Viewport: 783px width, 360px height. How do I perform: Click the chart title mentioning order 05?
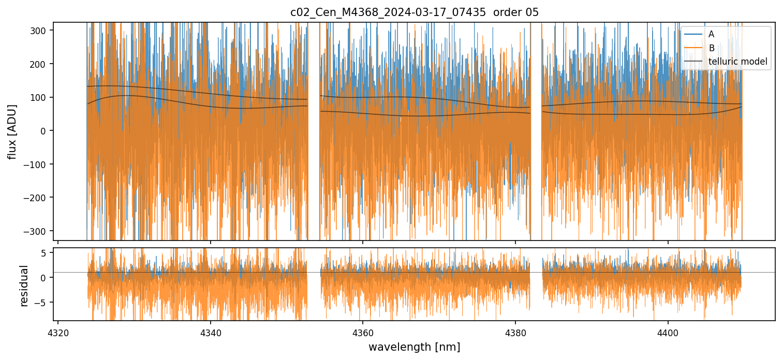pos(415,12)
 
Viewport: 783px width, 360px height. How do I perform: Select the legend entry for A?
pos(711,34)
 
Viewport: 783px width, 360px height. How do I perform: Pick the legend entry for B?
pos(711,48)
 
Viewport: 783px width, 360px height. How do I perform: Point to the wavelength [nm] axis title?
pos(414,347)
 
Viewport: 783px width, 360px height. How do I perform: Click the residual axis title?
pos(23,286)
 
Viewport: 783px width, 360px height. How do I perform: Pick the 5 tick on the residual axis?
pos(44,253)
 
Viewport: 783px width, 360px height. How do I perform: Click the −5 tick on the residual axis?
pos(41,303)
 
